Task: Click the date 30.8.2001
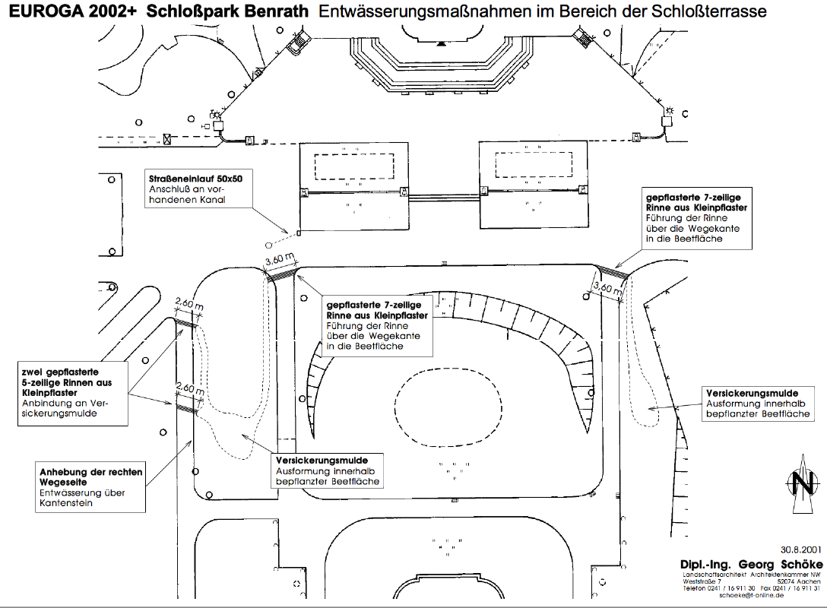[800, 549]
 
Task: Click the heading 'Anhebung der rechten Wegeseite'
[90, 477]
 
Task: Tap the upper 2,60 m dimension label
[189, 304]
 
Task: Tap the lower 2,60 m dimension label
[189, 388]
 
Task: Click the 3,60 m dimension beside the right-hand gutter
[607, 288]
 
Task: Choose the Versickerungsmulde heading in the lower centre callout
[322, 461]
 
